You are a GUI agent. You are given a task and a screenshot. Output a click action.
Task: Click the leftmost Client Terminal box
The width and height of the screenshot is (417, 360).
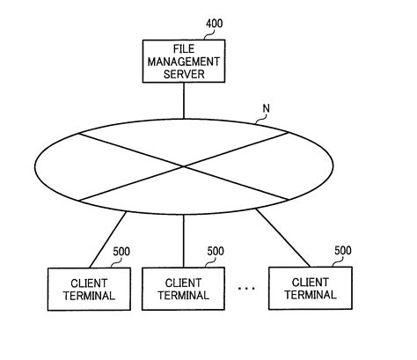click(x=84, y=288)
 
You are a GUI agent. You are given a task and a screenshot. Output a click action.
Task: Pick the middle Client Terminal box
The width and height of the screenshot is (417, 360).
click(x=183, y=288)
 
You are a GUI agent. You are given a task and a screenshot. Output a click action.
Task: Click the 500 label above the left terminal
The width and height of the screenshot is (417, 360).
click(x=121, y=251)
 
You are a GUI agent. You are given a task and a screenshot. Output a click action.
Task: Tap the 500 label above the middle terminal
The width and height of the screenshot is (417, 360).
click(x=216, y=251)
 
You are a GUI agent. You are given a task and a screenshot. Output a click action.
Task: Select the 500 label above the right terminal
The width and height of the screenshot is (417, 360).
click(x=343, y=250)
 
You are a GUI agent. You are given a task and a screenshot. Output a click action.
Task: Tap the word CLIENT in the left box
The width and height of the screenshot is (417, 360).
click(x=84, y=282)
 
